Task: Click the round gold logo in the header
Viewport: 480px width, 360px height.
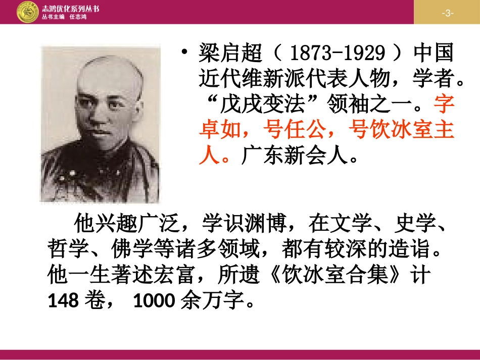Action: (x=27, y=12)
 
